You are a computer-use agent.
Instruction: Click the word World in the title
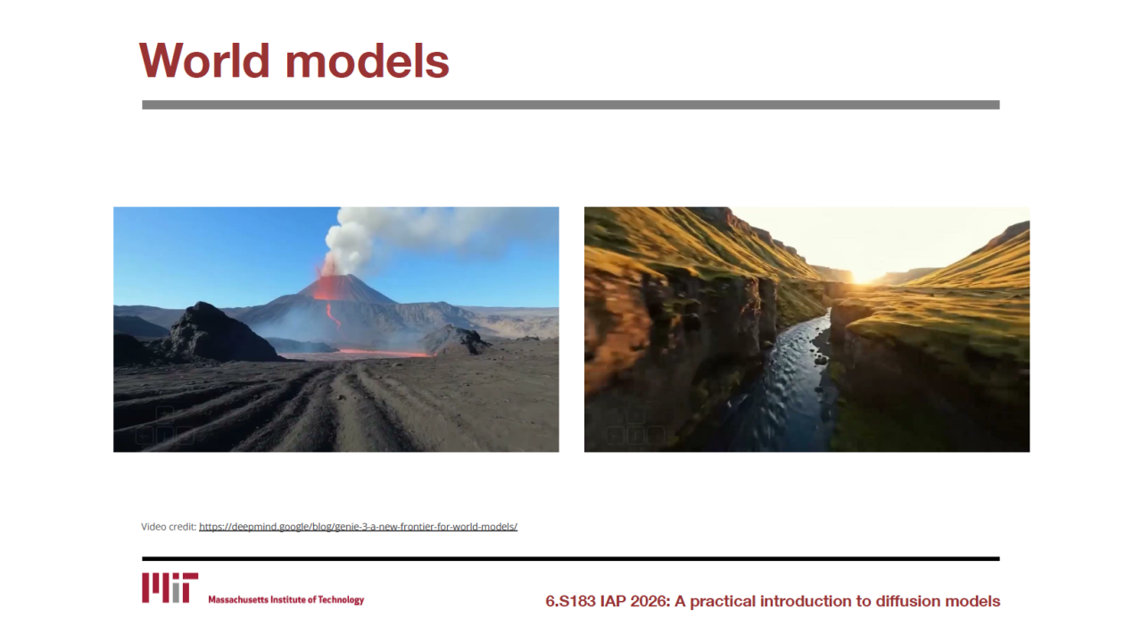click(204, 61)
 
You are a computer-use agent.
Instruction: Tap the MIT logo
click(170, 588)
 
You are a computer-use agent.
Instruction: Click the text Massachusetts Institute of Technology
click(286, 599)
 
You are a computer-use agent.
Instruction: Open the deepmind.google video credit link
click(358, 527)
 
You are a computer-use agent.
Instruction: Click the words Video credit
click(169, 527)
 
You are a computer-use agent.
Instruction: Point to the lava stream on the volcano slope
click(333, 315)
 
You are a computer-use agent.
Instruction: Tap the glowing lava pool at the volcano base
click(385, 353)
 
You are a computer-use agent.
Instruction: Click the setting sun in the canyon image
click(865, 276)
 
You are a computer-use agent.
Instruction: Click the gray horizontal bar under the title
click(570, 104)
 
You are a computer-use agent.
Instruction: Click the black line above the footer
click(570, 559)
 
